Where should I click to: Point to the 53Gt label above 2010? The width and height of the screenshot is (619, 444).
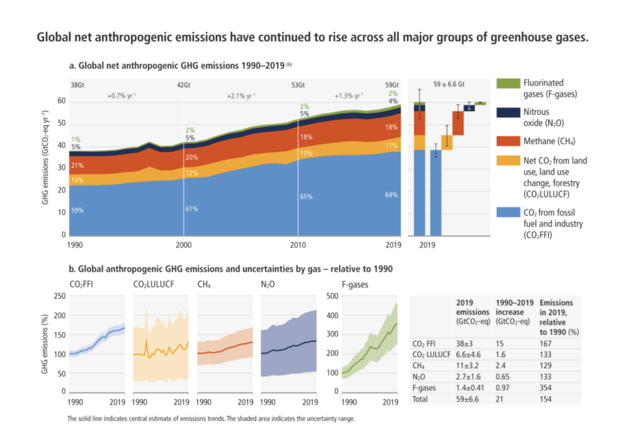click(298, 85)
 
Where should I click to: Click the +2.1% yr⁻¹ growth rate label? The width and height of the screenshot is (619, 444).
click(241, 96)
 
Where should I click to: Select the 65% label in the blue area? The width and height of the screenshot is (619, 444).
click(306, 197)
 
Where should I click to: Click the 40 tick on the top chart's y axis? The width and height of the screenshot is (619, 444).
click(62, 146)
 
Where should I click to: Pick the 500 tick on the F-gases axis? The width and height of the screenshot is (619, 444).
click(331, 296)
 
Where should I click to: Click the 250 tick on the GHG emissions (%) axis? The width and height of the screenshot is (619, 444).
click(59, 296)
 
